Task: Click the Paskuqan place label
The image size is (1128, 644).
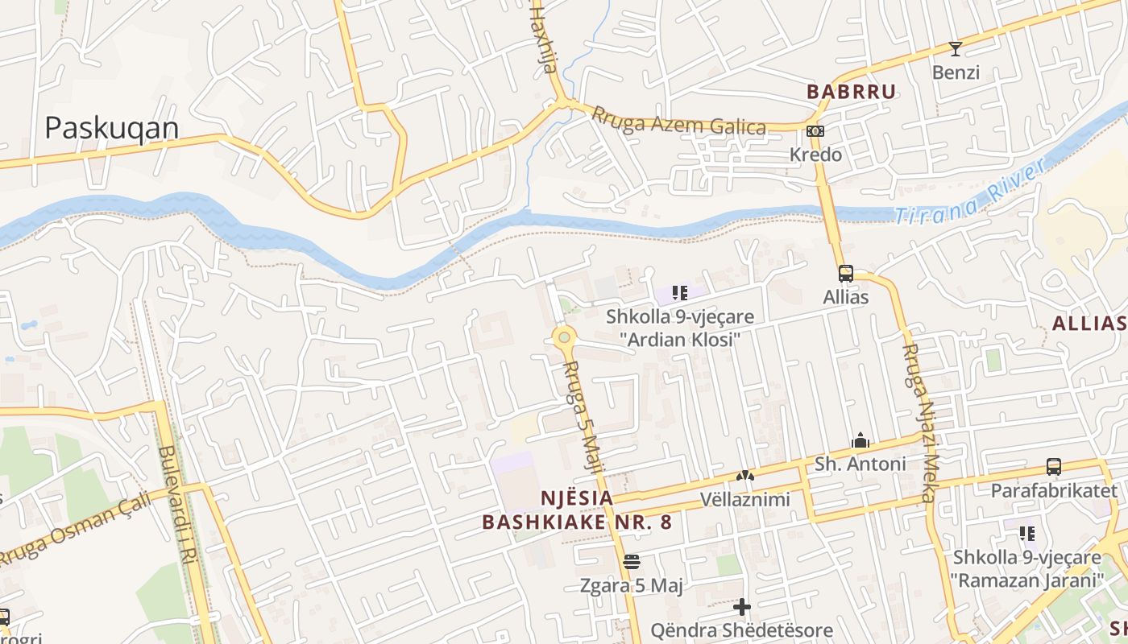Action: (111, 128)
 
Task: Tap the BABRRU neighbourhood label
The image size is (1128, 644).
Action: (852, 92)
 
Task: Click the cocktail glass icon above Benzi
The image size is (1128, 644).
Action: (956, 49)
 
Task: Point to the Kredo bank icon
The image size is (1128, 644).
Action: (815, 131)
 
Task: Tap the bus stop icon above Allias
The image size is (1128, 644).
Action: (845, 274)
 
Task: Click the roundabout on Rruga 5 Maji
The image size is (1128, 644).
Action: (564, 337)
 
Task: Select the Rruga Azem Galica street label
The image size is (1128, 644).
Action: (678, 121)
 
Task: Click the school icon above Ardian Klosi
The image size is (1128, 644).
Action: (680, 293)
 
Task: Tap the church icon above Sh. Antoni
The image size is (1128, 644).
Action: (861, 440)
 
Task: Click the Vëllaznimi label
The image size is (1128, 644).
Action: (744, 500)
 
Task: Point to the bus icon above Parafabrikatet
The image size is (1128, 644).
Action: (1053, 466)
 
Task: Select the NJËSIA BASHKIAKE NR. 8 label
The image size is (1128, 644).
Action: (577, 510)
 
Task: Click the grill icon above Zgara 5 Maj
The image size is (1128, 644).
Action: (632, 561)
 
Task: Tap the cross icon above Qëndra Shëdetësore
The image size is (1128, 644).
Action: (742, 606)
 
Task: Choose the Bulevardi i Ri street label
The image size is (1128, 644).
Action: (178, 506)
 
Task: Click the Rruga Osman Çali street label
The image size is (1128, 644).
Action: (74, 528)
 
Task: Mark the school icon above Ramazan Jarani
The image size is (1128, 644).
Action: (1026, 533)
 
